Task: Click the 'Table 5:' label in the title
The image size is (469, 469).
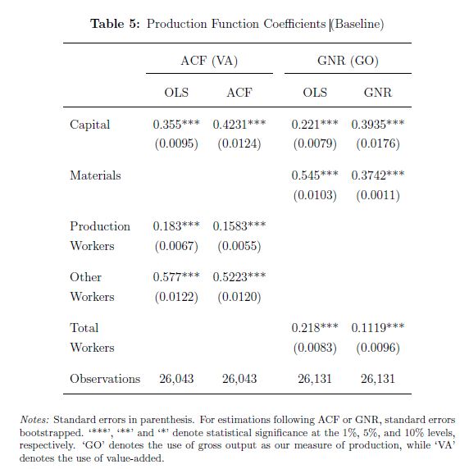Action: [115, 24]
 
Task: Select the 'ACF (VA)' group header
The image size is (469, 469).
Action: [209, 61]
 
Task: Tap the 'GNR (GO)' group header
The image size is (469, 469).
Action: [348, 61]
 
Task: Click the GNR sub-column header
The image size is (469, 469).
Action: [378, 93]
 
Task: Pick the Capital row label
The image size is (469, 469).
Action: [89, 125]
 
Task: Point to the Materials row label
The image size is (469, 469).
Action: [95, 175]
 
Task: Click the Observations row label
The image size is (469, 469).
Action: [105, 379]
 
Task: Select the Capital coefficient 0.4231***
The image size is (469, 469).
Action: [239, 125]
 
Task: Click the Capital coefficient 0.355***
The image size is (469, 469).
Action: [176, 125]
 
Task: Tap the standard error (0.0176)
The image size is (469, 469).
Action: [378, 143]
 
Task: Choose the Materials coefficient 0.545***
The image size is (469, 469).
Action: [315, 175]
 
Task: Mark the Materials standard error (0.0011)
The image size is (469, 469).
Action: [378, 195]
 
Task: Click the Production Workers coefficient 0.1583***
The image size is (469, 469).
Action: [239, 226]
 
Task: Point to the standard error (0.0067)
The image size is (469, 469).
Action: [176, 246]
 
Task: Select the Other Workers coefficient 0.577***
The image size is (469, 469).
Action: [176, 277]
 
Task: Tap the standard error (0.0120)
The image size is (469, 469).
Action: [239, 297]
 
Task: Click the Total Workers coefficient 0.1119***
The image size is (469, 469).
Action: [378, 328]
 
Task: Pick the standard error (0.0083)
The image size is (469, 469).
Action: [315, 348]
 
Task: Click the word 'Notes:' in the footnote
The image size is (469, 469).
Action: [34, 420]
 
